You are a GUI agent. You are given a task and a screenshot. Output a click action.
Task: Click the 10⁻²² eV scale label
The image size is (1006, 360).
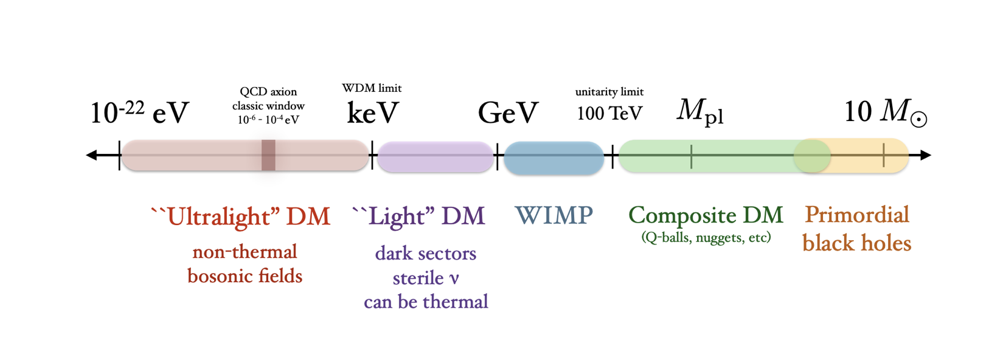pos(139,112)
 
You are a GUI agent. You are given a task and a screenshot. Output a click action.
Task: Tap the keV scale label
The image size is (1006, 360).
pos(372,113)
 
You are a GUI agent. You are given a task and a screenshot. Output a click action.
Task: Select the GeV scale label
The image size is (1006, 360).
pos(508,113)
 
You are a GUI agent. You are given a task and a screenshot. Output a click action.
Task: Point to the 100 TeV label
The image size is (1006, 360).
pos(609,113)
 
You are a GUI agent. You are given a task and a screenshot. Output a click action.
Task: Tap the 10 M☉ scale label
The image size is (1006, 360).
pos(885,112)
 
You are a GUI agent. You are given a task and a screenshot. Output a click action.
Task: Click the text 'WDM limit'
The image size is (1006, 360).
pos(372,88)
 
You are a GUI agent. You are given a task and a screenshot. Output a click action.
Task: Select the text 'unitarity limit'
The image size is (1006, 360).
pos(609,92)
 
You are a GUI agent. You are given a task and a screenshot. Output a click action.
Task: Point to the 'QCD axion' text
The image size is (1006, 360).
pos(268,92)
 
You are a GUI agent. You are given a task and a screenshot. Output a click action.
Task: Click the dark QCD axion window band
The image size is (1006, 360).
pos(268,155)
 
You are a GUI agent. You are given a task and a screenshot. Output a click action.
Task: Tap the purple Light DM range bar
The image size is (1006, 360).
pos(435,156)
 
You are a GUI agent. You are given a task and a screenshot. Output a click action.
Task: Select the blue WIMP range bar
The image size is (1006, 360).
pos(553,157)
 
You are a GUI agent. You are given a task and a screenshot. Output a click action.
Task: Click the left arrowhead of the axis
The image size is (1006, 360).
pos(91,156)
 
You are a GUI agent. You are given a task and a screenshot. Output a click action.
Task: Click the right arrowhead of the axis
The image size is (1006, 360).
pos(925,156)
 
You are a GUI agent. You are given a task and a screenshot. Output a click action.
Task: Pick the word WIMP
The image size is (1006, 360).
pos(553,215)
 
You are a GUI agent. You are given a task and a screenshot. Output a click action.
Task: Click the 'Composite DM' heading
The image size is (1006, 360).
pos(706,215)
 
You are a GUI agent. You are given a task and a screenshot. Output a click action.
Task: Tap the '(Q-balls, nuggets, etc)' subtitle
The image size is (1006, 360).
pos(706,237)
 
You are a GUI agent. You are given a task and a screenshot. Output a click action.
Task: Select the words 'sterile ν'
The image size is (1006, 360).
pos(426,279)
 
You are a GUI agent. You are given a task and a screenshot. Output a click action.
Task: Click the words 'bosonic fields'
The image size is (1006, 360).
pos(245,276)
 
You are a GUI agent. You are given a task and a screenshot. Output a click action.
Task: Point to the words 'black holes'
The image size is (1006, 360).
pos(856,243)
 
